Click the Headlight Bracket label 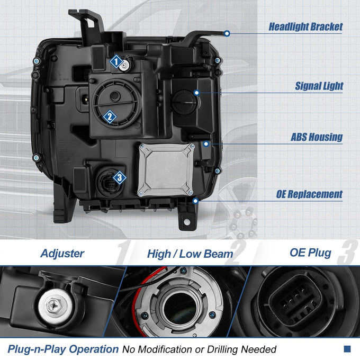(305, 26)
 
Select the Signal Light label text (319, 86)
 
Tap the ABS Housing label (317, 137)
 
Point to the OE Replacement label (309, 194)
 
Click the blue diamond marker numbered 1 (116, 61)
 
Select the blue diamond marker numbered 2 (110, 116)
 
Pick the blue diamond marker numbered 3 (120, 177)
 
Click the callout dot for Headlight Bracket (227, 33)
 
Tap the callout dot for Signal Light (196, 93)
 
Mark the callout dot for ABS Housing (206, 144)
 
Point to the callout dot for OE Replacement (195, 201)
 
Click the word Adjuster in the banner (62, 254)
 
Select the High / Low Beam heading (190, 254)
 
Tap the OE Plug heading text (310, 253)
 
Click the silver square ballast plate (166, 170)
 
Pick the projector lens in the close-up (180, 308)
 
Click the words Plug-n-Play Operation (63, 349)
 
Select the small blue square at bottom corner (347, 349)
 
